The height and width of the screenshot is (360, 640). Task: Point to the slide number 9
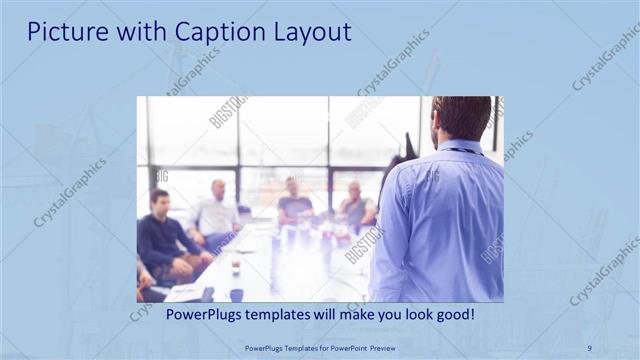(x=589, y=348)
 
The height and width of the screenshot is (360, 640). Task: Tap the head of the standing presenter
(x=463, y=118)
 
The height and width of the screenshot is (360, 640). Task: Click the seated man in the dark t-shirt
(x=294, y=204)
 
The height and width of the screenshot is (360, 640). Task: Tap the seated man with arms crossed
(x=356, y=207)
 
